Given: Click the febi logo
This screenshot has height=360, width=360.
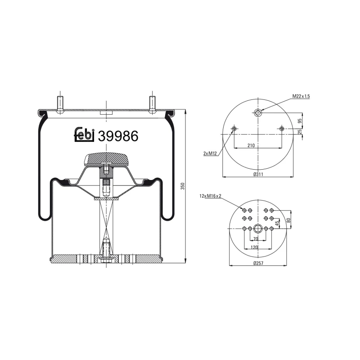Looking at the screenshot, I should click(84, 135).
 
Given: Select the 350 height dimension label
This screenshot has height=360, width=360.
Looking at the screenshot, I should click(182, 186).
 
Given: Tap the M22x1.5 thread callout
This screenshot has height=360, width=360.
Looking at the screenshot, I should click(301, 96).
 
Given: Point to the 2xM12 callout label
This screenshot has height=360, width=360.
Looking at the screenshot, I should click(210, 153).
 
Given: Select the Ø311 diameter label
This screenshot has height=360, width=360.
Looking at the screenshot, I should click(258, 174).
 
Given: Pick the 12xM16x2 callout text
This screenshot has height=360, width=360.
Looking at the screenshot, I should click(210, 196).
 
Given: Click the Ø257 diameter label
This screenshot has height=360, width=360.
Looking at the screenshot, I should click(258, 262).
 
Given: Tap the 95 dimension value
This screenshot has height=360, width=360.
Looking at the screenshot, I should click(300, 121).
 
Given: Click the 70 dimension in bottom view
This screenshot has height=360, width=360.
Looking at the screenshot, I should click(256, 238).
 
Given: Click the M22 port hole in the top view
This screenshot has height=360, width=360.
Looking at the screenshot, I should click(257, 112).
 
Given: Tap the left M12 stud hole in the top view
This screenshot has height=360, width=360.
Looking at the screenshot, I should click(234, 129).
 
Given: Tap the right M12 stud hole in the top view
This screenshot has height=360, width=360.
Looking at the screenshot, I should click(282, 129).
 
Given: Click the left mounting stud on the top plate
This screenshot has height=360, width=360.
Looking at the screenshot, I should click(60, 103).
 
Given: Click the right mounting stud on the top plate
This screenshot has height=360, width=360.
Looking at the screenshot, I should click(153, 103).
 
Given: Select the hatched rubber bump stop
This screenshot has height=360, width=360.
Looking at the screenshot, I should click(106, 158).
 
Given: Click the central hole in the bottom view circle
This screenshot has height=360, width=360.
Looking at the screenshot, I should click(258, 228).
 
